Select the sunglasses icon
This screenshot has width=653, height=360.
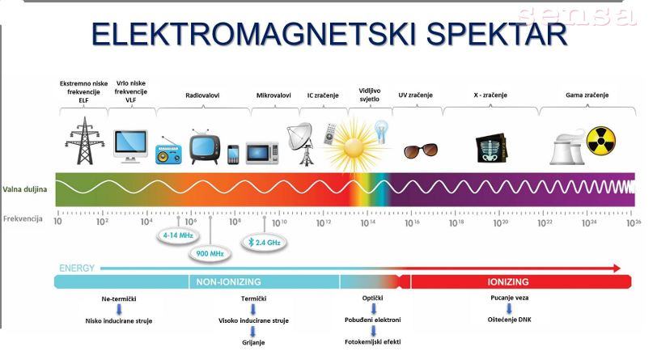tap(421, 150)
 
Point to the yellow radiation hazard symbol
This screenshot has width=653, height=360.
tap(601, 141)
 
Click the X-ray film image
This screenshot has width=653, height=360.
tap(491, 148)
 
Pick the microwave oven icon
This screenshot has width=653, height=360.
tap(262, 153)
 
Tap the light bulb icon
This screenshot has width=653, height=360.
tap(381, 132)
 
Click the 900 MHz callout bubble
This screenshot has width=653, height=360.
tap(210, 253)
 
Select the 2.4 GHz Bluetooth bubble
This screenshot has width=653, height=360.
tap(264, 242)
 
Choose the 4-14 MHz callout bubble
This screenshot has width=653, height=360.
tap(178, 235)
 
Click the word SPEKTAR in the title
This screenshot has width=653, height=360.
tap(496, 34)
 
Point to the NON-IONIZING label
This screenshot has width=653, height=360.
tap(229, 282)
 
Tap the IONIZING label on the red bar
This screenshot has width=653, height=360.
tap(508, 282)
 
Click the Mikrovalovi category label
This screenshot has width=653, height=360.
tap(273, 95)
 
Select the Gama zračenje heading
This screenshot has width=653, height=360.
tap(587, 95)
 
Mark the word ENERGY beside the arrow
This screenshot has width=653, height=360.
tap(77, 268)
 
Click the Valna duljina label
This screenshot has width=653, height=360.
tap(24, 189)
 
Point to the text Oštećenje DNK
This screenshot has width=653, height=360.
tap(509, 320)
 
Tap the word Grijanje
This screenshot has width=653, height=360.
tap(253, 342)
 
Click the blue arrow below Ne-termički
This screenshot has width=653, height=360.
tap(119, 309)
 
